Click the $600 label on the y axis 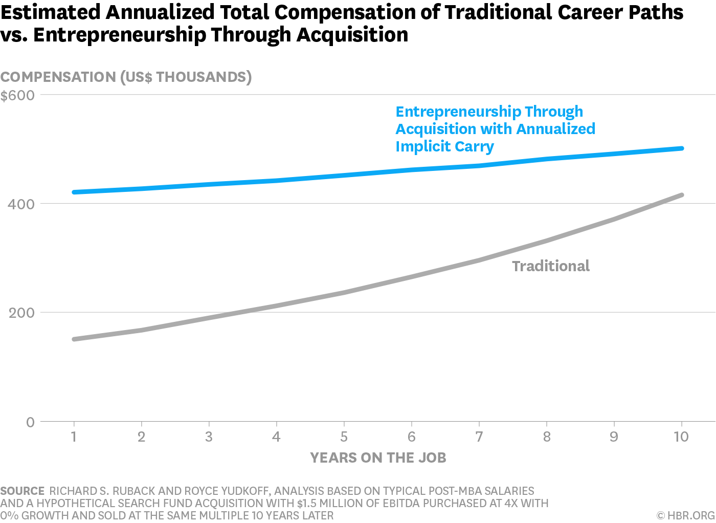[17, 96]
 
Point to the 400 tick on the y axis [21, 204]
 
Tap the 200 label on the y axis [21, 313]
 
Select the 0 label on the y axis [30, 422]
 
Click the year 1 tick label [74, 437]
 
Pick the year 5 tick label [344, 437]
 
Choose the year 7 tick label [479, 437]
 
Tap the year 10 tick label [681, 437]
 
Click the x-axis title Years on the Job [378, 457]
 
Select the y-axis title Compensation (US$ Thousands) [126, 77]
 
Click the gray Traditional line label [551, 266]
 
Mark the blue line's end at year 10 [681, 148]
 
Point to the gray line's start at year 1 [75, 339]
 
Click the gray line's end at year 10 [681, 195]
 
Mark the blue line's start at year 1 [75, 192]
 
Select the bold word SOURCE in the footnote [23, 491]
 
